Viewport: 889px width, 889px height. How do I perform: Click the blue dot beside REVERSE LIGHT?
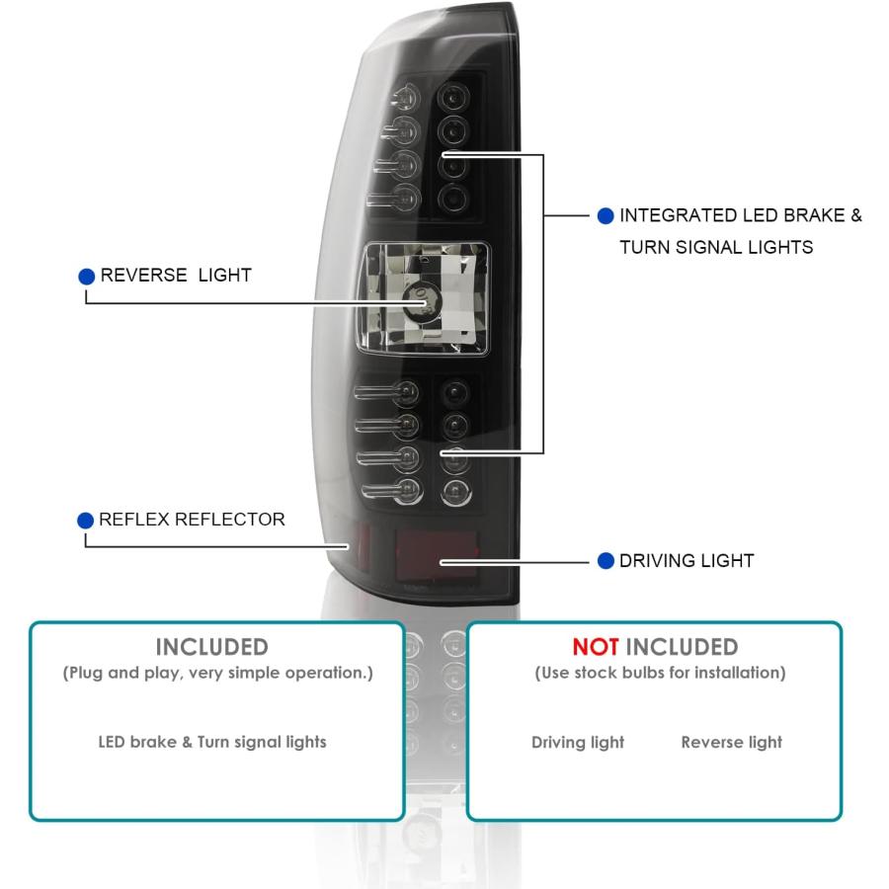pos(86,277)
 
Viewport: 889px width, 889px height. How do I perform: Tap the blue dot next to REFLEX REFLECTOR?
pos(86,521)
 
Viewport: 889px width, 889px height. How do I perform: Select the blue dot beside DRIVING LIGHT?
pos(606,561)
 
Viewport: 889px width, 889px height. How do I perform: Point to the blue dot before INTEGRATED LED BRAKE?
pos(606,216)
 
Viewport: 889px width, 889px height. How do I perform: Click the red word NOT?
pos(596,647)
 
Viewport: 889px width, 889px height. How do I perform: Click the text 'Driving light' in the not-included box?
pos(578,742)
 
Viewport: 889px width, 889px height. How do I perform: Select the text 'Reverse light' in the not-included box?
pos(731,742)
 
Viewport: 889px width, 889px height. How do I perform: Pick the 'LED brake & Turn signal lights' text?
pos(212,742)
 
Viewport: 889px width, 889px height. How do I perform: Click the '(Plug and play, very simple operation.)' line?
pos(217,673)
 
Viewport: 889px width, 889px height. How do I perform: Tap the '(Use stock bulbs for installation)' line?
pos(660,673)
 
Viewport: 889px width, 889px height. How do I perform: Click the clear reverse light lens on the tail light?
pos(422,298)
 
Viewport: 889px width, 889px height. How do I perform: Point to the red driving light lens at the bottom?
pos(437,555)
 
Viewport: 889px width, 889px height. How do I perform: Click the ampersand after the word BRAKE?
pos(856,215)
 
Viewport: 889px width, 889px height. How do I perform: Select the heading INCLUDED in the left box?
pos(212,647)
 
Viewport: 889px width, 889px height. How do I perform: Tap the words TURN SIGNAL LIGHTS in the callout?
pos(716,247)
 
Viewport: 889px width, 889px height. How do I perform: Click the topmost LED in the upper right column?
pos(453,98)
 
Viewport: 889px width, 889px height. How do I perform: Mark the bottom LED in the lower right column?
pos(455,492)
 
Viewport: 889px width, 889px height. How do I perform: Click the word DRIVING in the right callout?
pos(658,561)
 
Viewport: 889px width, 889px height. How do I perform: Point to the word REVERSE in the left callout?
pos(143,276)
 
